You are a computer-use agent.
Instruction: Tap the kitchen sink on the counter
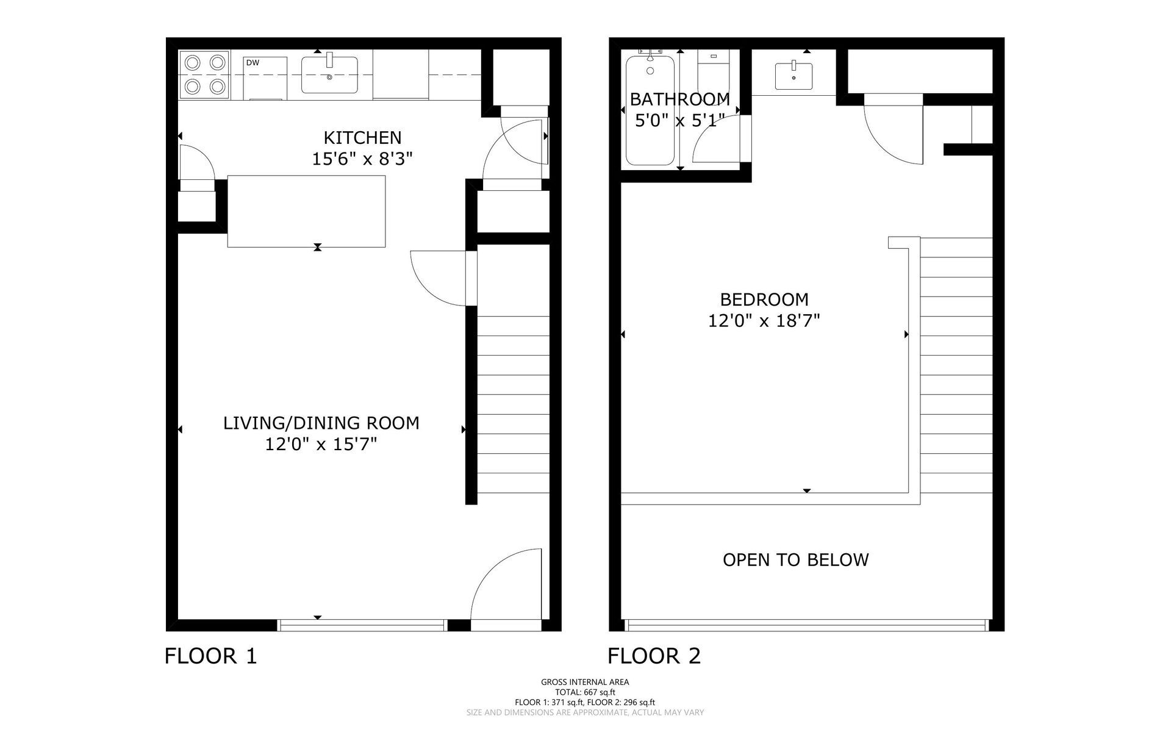point(329,75)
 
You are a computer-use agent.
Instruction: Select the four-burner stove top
point(204,74)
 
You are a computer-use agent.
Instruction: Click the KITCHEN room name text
point(362,138)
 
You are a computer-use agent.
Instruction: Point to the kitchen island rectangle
point(306,211)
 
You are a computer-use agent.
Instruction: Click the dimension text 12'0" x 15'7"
point(321,445)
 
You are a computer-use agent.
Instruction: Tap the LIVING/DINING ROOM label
point(321,423)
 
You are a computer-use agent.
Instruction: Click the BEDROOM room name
point(764,300)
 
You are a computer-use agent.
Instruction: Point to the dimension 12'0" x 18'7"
point(764,321)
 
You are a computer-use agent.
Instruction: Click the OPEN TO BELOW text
point(795,560)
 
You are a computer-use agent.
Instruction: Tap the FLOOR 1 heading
point(211,656)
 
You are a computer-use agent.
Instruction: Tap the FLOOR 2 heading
point(654,656)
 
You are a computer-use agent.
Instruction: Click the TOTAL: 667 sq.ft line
point(585,692)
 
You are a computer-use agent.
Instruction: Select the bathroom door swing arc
point(715,139)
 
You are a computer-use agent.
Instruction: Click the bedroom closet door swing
point(892,134)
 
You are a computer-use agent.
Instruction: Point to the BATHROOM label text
point(679,99)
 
